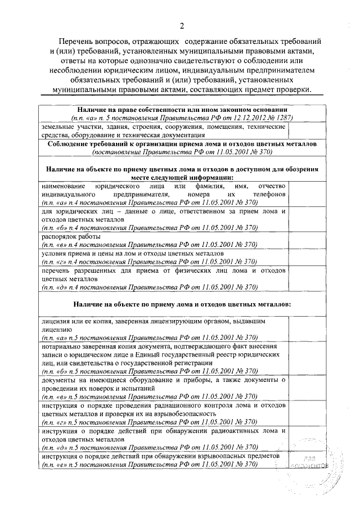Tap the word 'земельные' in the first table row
58,127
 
